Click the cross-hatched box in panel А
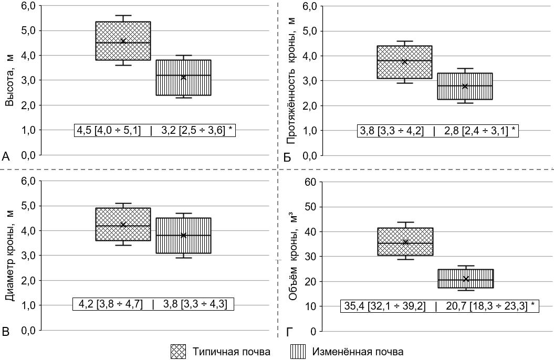pos(123,41)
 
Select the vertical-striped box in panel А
pos(183,78)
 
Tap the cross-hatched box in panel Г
pos(405,241)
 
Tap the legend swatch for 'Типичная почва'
pos(179,352)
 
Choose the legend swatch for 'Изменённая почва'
pos(298,352)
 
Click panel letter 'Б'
pos(287,156)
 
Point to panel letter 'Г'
pos(288,331)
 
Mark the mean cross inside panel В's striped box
pos(183,235)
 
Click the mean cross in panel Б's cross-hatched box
pos(405,62)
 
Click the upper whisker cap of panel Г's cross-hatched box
pos(405,223)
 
